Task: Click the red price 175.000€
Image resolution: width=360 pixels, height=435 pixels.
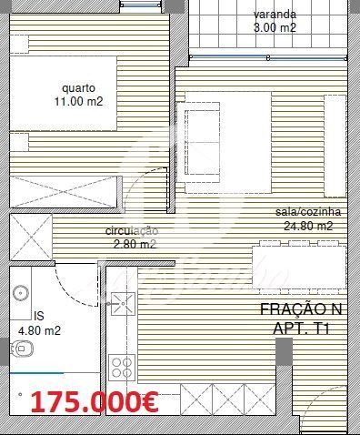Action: pyautogui.click(x=95, y=402)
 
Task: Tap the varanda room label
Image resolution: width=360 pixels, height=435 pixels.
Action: pyautogui.click(x=275, y=15)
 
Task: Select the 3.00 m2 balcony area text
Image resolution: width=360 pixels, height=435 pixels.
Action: pyautogui.click(x=275, y=28)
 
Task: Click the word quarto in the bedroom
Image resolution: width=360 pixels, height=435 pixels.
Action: pyautogui.click(x=79, y=88)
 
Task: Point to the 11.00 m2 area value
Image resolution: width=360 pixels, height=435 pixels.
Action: pyautogui.click(x=79, y=101)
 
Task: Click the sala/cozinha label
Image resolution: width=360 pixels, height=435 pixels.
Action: pyautogui.click(x=308, y=212)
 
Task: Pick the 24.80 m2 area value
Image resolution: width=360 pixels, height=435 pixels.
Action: pyautogui.click(x=308, y=226)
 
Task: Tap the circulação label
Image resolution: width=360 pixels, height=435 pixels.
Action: pyautogui.click(x=132, y=231)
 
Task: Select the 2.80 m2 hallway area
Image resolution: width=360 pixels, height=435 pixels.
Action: pyautogui.click(x=135, y=244)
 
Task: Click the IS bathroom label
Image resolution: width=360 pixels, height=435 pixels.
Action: pyautogui.click(x=39, y=316)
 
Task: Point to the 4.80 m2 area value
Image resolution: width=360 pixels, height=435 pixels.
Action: pyautogui.click(x=39, y=330)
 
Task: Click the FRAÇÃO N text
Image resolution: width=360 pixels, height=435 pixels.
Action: pyautogui.click(x=301, y=309)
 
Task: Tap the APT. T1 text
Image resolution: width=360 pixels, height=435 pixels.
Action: pyautogui.click(x=301, y=329)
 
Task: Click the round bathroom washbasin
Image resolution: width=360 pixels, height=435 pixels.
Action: pyautogui.click(x=21, y=293)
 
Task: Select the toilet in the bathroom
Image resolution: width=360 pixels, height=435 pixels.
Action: pyautogui.click(x=22, y=349)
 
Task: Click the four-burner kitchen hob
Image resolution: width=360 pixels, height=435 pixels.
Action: pyautogui.click(x=122, y=368)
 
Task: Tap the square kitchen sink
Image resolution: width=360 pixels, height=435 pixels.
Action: pyautogui.click(x=123, y=303)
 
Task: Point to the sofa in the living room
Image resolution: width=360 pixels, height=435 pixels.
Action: pyautogui.click(x=198, y=142)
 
